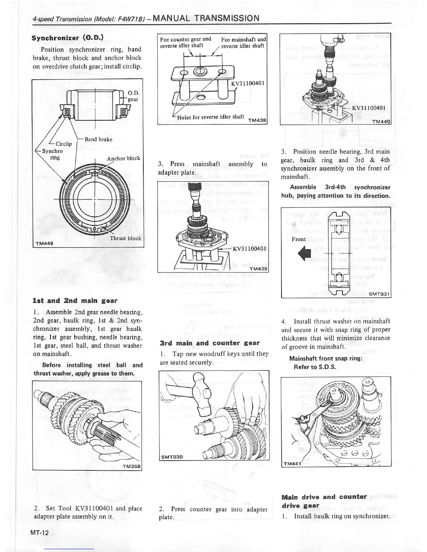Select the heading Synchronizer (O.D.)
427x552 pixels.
click(x=67, y=37)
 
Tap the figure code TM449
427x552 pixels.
click(x=44, y=243)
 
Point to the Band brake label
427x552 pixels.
click(x=98, y=139)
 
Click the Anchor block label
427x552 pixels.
click(x=123, y=158)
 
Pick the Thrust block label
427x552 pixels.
click(x=126, y=238)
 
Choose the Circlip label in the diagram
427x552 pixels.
click(x=63, y=144)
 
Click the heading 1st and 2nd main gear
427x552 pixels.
click(x=75, y=300)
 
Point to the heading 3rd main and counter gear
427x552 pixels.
click(x=210, y=343)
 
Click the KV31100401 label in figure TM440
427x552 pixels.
click(x=368, y=108)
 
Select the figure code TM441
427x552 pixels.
click(x=292, y=463)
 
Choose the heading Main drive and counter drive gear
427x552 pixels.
click(x=324, y=501)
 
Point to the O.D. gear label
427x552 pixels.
click(x=133, y=96)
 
